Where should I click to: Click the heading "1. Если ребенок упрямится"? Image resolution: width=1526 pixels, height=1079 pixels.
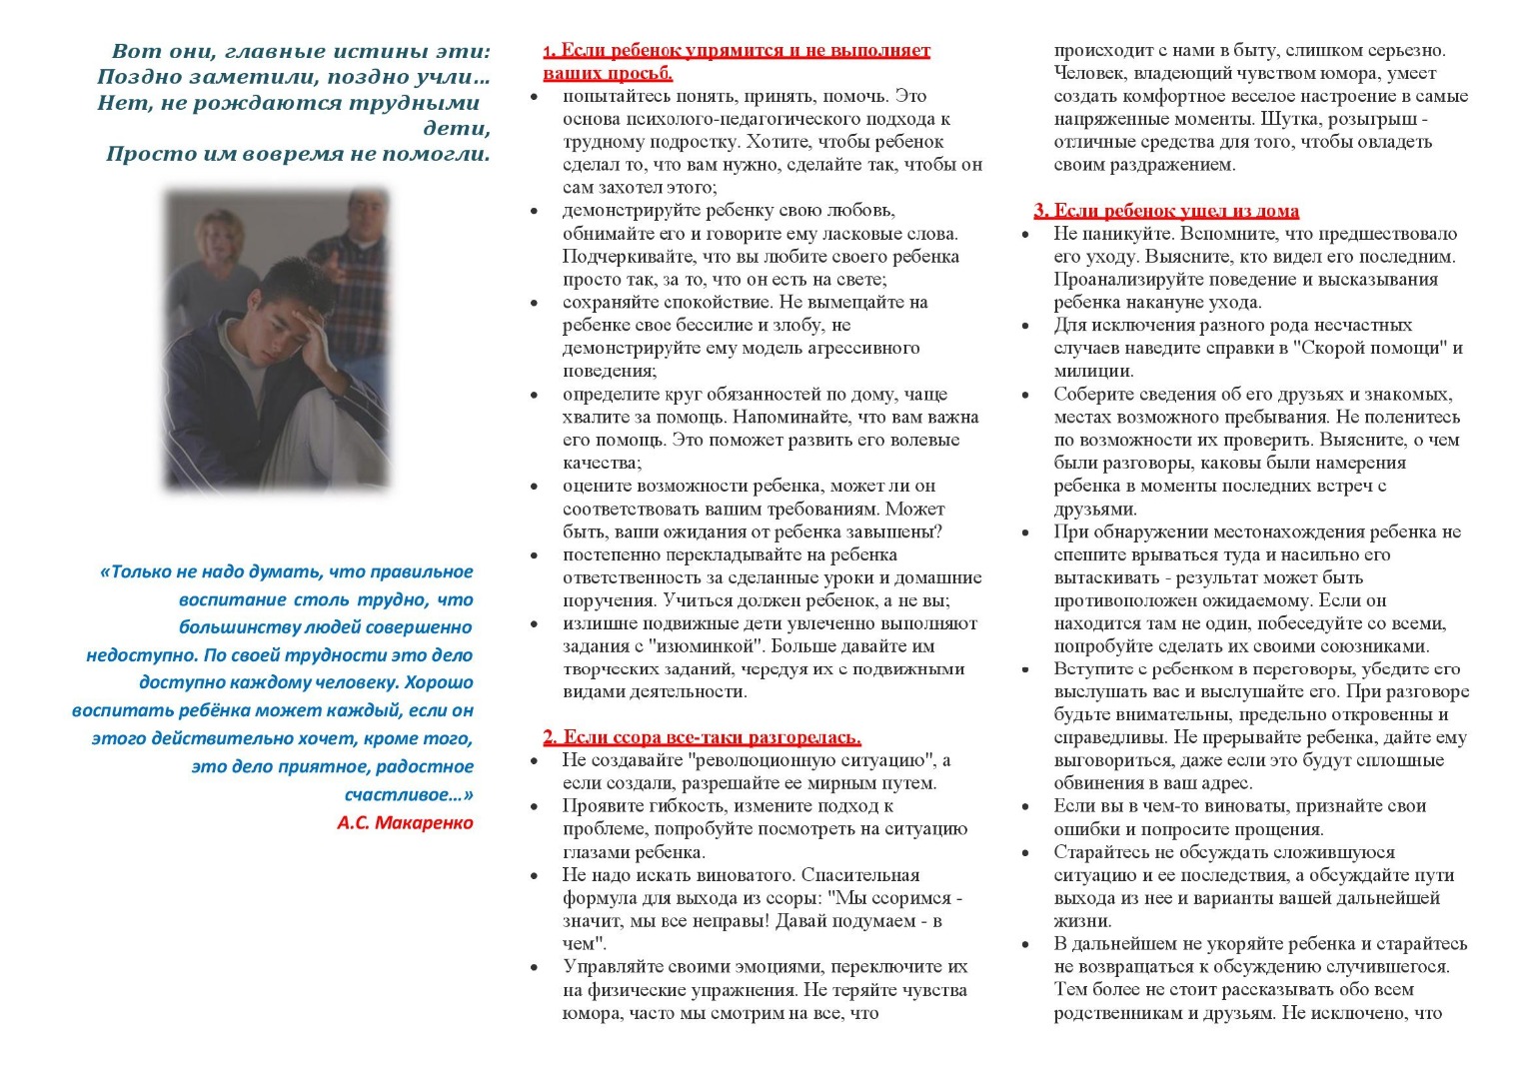coord(737,51)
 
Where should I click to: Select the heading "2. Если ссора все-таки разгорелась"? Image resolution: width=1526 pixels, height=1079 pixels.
coord(702,737)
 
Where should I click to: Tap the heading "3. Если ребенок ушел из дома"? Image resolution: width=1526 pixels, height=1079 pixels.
coord(1166,210)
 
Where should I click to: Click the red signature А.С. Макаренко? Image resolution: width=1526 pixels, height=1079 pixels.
coord(405,822)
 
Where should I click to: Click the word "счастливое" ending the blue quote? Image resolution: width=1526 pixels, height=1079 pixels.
coord(405,794)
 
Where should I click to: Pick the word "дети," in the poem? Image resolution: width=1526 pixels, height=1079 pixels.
coord(457,128)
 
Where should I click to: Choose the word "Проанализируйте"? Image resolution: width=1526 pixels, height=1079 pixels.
coord(1119,279)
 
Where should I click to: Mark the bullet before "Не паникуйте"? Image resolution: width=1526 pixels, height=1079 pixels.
coord(1025,235)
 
